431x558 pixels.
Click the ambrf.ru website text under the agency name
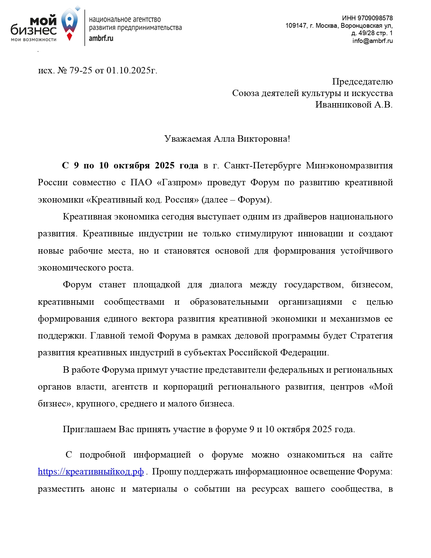(x=101, y=38)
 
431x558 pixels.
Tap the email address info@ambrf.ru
(x=372, y=41)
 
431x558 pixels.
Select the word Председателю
(x=362, y=82)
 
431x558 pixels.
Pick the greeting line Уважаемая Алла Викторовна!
(x=227, y=139)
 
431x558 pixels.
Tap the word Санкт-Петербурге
(x=262, y=166)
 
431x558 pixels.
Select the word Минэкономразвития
(x=349, y=166)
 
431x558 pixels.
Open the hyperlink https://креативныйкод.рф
(x=91, y=471)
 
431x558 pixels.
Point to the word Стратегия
(x=371, y=336)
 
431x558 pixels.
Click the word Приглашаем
(x=89, y=429)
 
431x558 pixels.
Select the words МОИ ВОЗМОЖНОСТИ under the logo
(x=34, y=40)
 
